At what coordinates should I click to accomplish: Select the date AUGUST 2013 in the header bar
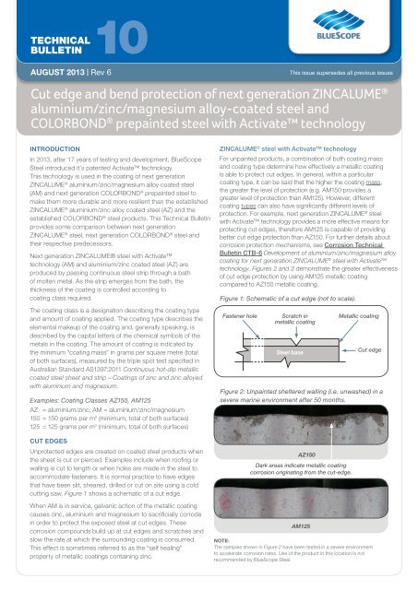click(x=37, y=69)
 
